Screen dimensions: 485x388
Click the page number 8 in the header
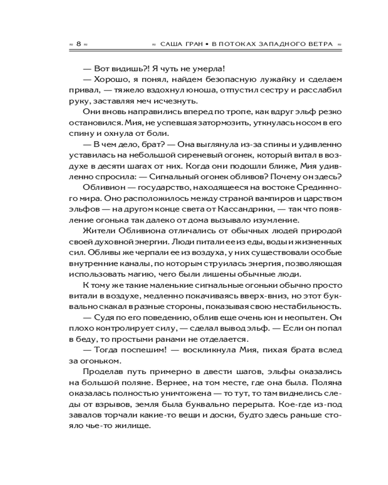tap(78, 44)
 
